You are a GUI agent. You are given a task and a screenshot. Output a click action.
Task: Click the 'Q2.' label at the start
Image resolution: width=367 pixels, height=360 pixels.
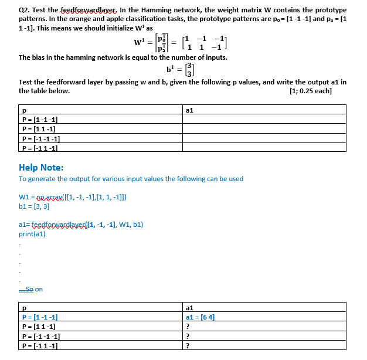point(25,10)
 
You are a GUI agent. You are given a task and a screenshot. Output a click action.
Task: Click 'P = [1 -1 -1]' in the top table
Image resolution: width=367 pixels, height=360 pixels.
point(39,120)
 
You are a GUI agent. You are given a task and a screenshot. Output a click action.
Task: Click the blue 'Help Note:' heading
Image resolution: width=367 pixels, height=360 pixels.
point(45,167)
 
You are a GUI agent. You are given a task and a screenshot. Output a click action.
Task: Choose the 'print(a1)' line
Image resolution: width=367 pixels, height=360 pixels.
point(32,234)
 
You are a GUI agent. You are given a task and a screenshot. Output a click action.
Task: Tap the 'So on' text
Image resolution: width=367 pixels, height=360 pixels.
point(35,289)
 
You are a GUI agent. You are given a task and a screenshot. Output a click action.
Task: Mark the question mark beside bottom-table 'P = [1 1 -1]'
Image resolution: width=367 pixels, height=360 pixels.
point(186,327)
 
